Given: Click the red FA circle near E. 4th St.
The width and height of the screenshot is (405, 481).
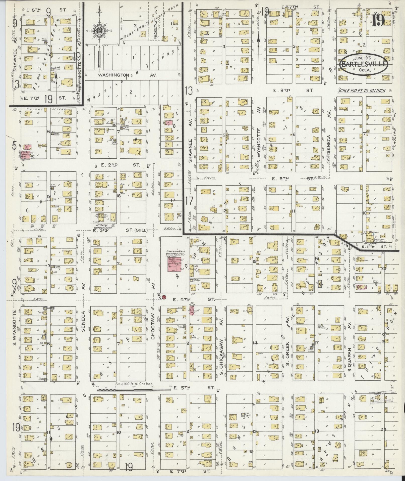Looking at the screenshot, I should (164, 297).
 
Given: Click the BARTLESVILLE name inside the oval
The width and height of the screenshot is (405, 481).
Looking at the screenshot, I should (364, 64).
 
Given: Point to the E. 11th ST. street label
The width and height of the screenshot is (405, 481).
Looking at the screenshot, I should (375, 247).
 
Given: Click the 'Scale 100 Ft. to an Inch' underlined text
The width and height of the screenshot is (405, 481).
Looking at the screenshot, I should (362, 90).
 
